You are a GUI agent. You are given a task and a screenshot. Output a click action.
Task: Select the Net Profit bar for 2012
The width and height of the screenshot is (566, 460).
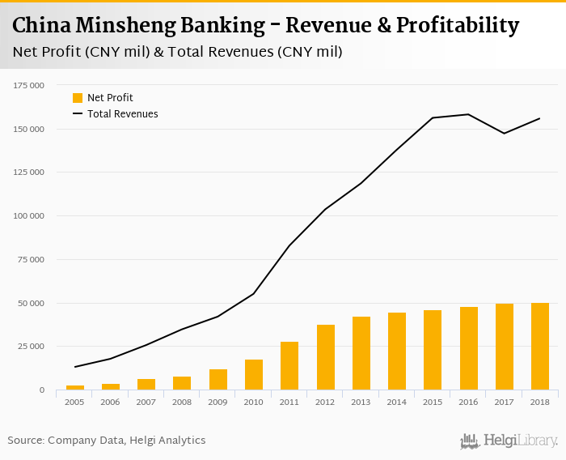tap(326, 357)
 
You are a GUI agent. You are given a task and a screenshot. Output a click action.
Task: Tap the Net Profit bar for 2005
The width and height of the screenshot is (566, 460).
tap(75, 387)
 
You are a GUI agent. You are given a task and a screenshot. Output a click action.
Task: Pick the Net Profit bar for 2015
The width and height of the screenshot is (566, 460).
tap(433, 350)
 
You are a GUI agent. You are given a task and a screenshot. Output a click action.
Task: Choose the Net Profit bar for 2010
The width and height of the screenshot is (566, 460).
tap(254, 374)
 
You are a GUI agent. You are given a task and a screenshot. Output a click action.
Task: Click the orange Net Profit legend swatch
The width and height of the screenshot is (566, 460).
tap(78, 98)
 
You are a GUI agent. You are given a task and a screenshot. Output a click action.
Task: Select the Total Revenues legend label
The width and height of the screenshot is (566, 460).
tap(122, 114)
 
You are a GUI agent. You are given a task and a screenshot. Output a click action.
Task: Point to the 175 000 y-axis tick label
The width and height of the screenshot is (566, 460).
tap(28, 85)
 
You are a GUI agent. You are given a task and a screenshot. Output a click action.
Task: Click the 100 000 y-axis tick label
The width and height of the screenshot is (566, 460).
tap(28, 216)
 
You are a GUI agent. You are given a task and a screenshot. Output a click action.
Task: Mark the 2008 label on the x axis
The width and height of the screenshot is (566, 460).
tap(182, 402)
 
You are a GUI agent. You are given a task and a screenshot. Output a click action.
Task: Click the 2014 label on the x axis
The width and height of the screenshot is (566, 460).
tap(397, 402)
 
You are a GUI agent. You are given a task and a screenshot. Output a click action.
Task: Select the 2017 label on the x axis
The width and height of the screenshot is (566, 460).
tap(505, 402)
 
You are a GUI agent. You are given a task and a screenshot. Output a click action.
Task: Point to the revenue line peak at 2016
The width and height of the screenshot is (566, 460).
tap(468, 114)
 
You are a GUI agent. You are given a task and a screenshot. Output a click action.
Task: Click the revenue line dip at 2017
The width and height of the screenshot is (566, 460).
tap(505, 134)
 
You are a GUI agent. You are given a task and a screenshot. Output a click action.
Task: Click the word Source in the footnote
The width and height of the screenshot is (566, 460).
tap(25, 441)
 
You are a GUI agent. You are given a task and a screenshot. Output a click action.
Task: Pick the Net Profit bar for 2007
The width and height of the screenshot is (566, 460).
tap(146, 384)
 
